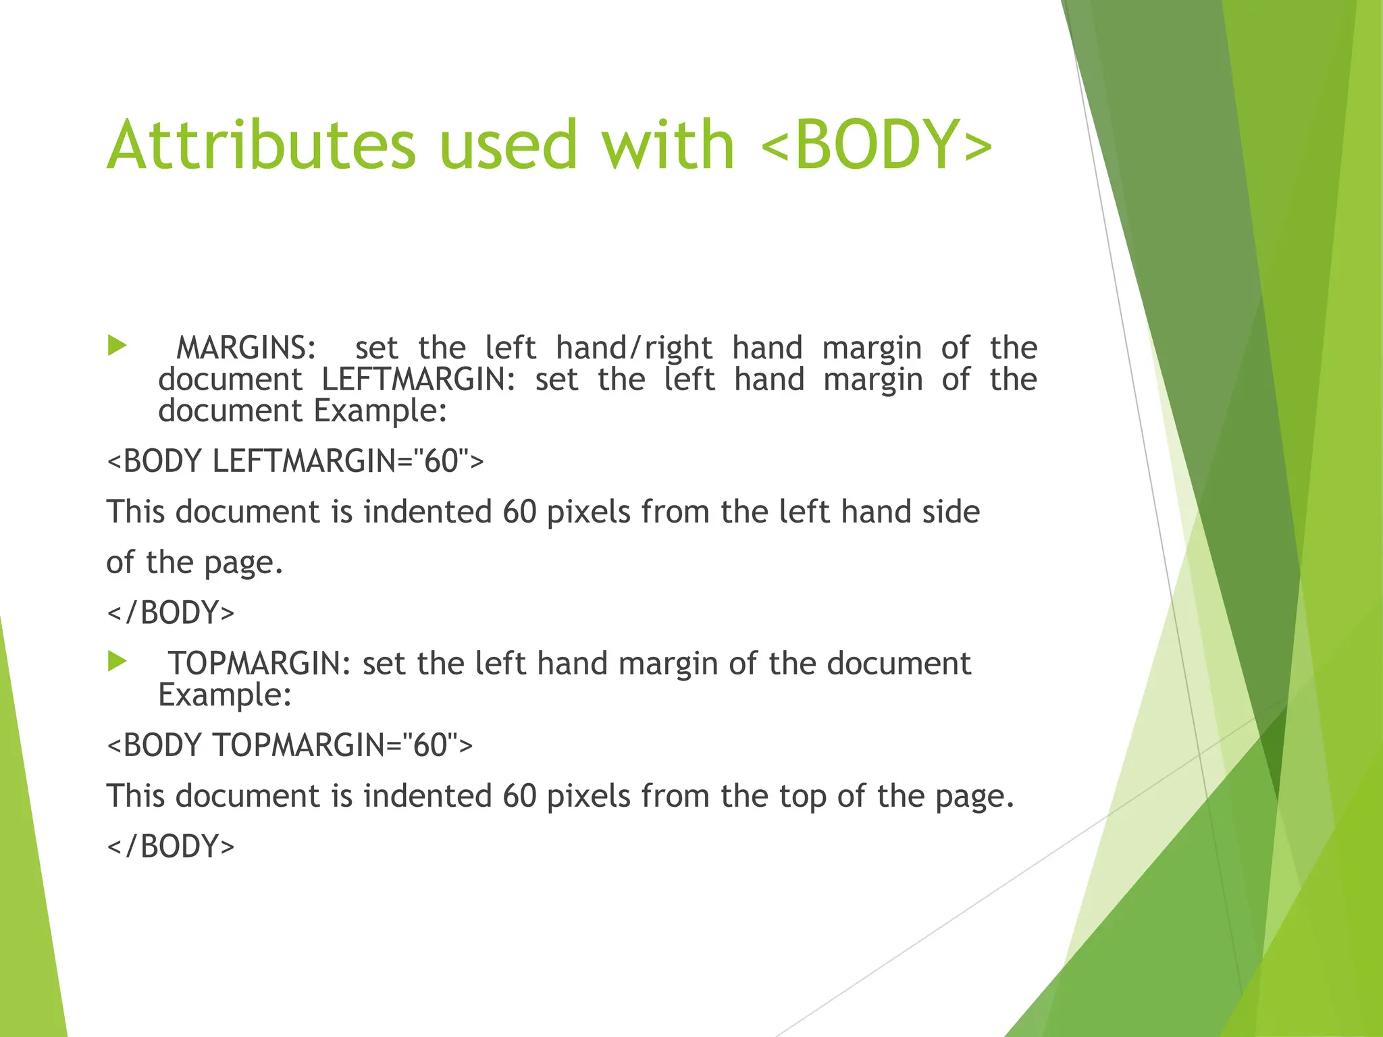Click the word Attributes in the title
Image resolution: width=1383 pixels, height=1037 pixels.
(261, 144)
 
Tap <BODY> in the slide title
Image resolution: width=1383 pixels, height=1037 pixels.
(876, 144)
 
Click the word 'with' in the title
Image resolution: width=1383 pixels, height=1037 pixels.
(668, 144)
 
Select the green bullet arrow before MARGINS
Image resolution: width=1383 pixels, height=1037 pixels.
(118, 346)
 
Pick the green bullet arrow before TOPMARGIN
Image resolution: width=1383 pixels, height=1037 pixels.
(118, 662)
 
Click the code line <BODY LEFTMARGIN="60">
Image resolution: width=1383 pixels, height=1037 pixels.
(295, 462)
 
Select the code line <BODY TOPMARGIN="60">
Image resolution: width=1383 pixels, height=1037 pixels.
(290, 745)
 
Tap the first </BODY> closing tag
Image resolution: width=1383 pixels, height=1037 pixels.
(171, 613)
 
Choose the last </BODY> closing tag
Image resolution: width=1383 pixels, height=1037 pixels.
(171, 847)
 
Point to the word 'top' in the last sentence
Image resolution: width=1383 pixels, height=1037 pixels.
(803, 797)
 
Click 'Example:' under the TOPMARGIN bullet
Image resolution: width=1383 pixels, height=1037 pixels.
(225, 695)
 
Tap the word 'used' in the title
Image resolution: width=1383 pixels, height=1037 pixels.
(508, 144)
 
